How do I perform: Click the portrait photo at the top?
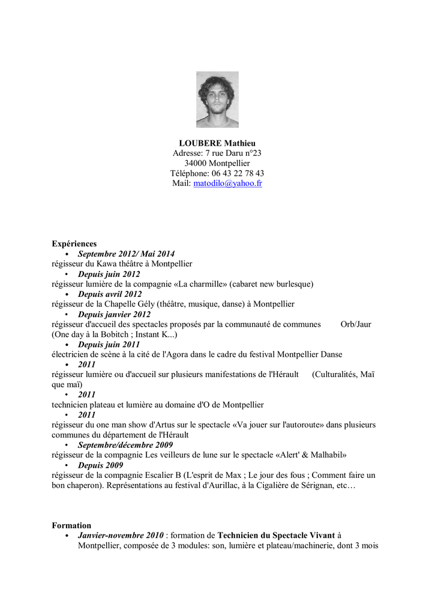(x=217, y=100)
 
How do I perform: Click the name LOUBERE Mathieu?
(x=217, y=143)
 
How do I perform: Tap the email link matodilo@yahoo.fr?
(x=227, y=183)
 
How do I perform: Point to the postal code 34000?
(x=196, y=163)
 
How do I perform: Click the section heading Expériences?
(x=74, y=243)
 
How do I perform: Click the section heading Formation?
(x=71, y=525)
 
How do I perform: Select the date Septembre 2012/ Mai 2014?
(x=126, y=254)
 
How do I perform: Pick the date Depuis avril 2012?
(x=110, y=294)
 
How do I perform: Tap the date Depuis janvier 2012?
(x=114, y=314)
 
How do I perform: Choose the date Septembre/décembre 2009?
(x=125, y=445)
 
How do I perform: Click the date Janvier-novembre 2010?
(x=121, y=535)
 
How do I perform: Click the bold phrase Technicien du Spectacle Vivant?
(x=276, y=535)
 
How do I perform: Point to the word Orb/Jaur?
(x=356, y=324)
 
